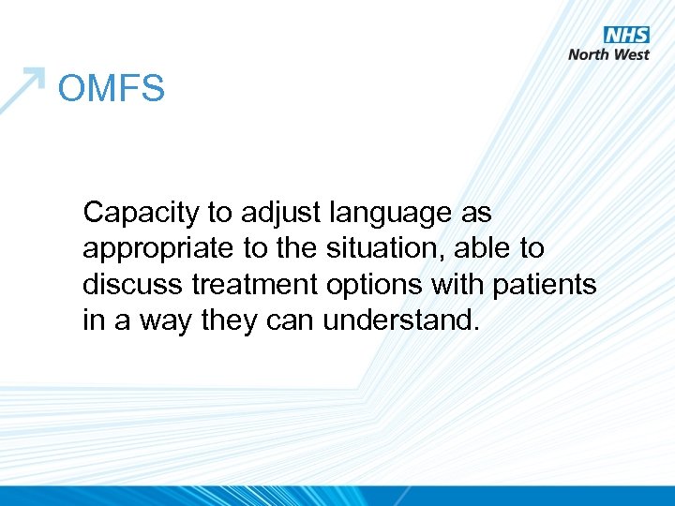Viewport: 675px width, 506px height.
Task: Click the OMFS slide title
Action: pos(111,89)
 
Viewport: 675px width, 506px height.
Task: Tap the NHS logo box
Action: pos(626,35)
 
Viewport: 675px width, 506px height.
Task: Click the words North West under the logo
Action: pos(608,54)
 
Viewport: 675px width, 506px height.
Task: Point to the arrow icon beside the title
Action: pos(22,88)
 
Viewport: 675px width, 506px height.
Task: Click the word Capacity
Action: pos(141,214)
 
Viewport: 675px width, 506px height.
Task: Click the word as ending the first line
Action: pos(475,214)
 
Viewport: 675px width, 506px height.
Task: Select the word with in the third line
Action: pos(453,284)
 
